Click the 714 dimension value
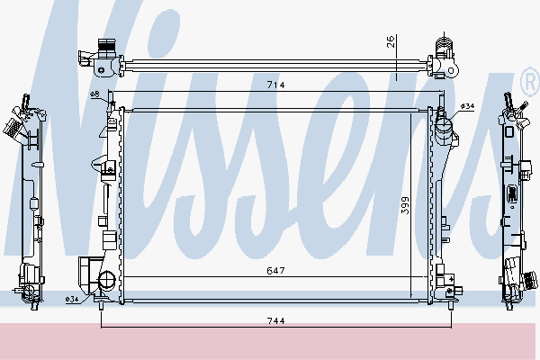[x=276, y=85]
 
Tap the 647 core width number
[x=276, y=271]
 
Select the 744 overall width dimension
[x=276, y=320]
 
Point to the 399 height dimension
[x=405, y=205]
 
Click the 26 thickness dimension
[x=391, y=41]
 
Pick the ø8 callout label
[x=94, y=94]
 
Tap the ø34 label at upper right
[x=467, y=106]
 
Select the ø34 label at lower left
[x=72, y=300]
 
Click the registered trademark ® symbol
[x=531, y=82]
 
